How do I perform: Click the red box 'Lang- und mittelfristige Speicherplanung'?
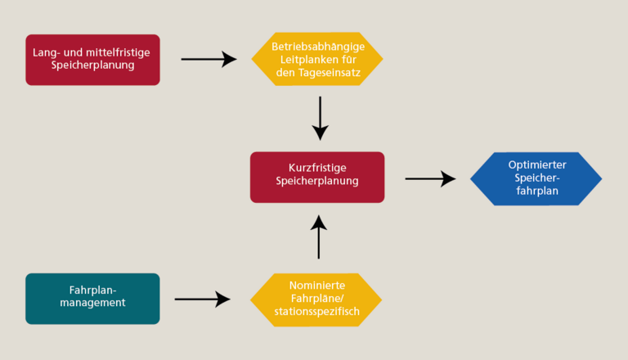point(92,59)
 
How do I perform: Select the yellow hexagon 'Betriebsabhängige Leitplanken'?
point(317,59)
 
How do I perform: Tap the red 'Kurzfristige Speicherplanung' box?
point(317,177)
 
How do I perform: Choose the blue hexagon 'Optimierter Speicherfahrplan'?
point(536,178)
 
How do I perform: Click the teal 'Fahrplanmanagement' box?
point(92,298)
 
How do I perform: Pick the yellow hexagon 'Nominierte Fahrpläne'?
point(316,299)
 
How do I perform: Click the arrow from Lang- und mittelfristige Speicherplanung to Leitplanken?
point(208,59)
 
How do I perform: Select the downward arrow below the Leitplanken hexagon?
point(320,118)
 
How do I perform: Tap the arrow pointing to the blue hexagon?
point(430,178)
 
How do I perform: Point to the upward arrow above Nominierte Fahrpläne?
point(320,236)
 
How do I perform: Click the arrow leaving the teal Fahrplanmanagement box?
point(202,299)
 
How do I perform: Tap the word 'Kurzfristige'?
point(316,168)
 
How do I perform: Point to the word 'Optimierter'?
point(536,164)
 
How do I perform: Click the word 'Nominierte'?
point(316,286)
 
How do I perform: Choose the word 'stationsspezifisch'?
point(316,313)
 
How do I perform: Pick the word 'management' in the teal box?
point(92,304)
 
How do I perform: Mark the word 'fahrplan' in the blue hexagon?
point(536,191)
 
